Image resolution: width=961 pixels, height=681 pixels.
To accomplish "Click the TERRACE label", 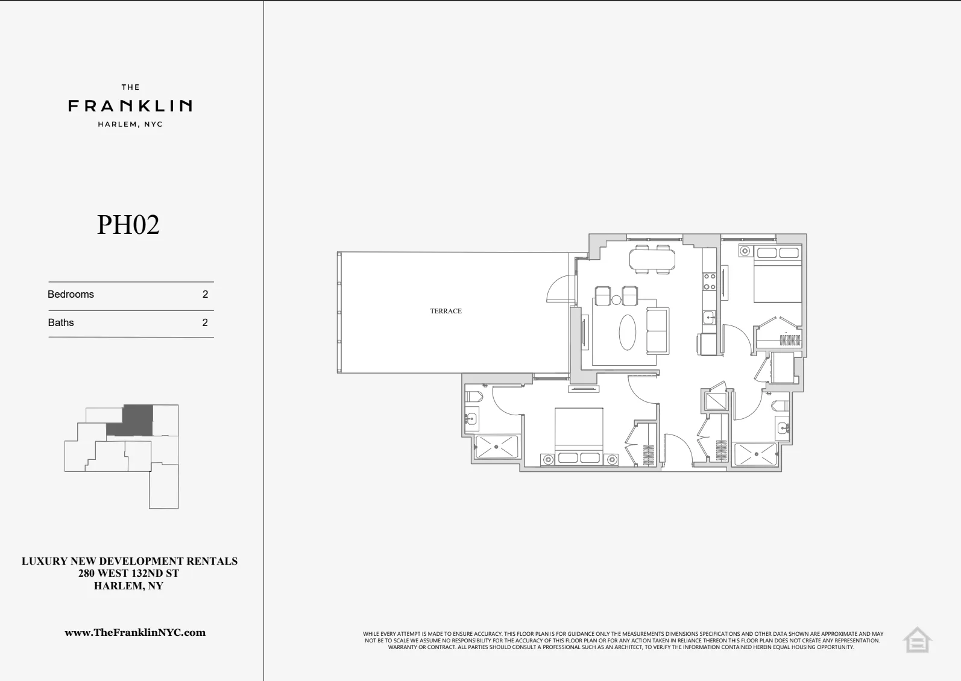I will pyautogui.click(x=446, y=311).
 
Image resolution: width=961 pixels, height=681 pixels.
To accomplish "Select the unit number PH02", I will pyautogui.click(x=128, y=225).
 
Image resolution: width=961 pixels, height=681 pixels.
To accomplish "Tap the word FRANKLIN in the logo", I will pyautogui.click(x=130, y=106).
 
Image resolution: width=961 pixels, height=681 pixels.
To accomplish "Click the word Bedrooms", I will pyautogui.click(x=71, y=294).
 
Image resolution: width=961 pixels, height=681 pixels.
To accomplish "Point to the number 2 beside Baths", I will pyautogui.click(x=205, y=322).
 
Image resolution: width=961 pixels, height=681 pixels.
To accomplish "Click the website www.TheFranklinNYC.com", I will pyautogui.click(x=135, y=632).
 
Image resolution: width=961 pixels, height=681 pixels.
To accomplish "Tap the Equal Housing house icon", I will pyautogui.click(x=916, y=640).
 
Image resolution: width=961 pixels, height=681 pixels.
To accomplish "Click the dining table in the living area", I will pyautogui.click(x=652, y=259).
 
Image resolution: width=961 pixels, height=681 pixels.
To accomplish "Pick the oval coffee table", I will pyautogui.click(x=628, y=332).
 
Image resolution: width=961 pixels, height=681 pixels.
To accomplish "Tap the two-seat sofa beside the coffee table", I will pyautogui.click(x=657, y=331).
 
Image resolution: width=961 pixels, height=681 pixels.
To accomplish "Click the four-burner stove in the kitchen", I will pyautogui.click(x=710, y=281).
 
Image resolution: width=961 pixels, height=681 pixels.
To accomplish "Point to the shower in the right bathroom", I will pyautogui.click(x=755, y=454).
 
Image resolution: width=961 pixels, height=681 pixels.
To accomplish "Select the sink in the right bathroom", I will pyautogui.click(x=783, y=428).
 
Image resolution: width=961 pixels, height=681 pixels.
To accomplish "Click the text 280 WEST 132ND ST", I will pyautogui.click(x=128, y=573).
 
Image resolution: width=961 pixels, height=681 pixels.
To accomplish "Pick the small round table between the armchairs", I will pyautogui.click(x=616, y=300).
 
